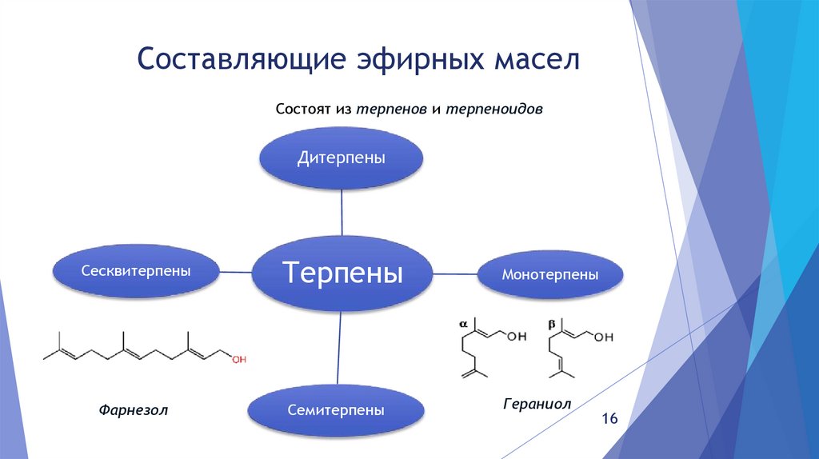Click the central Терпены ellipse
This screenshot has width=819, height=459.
tap(342, 273)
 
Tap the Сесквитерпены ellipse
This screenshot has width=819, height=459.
tap(135, 272)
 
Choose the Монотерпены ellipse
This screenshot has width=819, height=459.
tap(550, 274)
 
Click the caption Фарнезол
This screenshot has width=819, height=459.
tap(135, 410)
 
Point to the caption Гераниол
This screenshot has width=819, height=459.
tap(537, 404)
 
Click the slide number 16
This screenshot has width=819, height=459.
tap(610, 420)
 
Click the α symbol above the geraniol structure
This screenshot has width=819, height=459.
tap(462, 324)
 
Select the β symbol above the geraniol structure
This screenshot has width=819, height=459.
tap(552, 325)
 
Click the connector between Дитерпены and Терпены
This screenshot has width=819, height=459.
tap(342, 214)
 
